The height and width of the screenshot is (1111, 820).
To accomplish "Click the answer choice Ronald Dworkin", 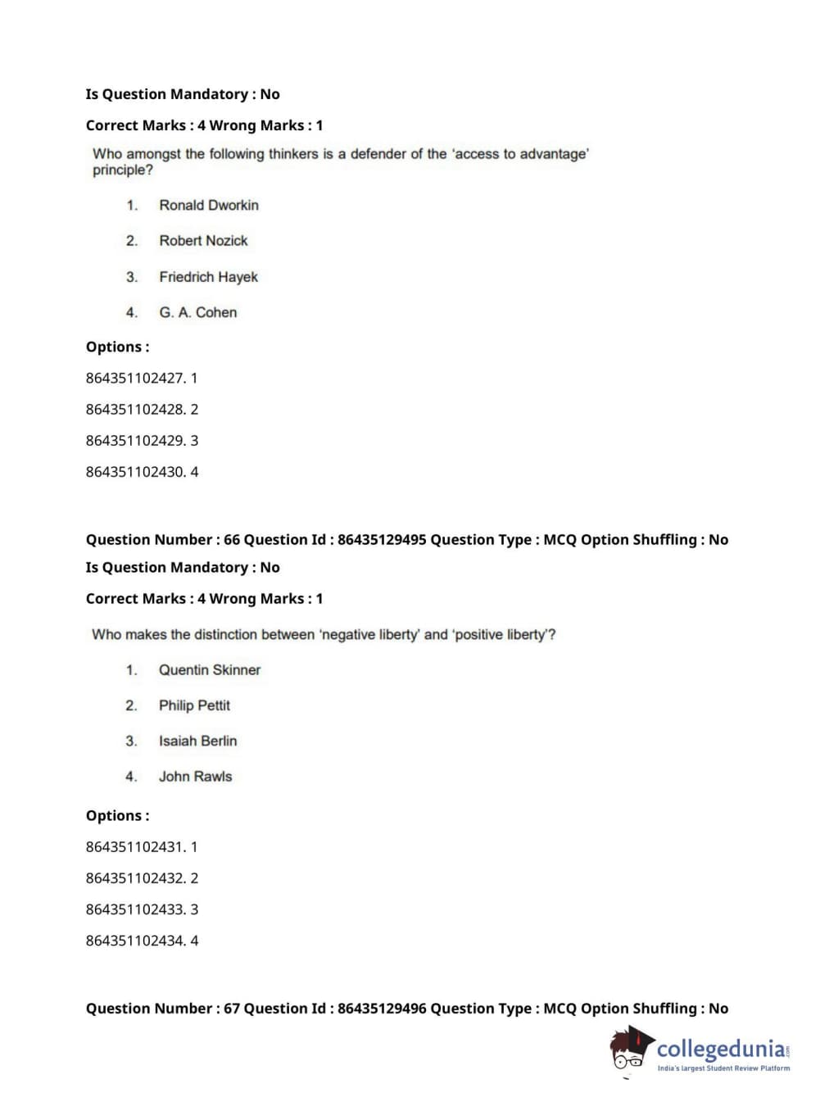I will click(x=208, y=205).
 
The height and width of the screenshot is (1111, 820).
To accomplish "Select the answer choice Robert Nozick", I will click(x=203, y=241).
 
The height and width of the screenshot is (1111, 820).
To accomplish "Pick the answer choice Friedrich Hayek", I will click(x=208, y=277).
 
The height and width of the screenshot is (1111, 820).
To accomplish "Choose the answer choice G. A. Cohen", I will click(x=197, y=312).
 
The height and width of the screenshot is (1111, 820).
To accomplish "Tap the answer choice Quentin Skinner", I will click(x=209, y=670).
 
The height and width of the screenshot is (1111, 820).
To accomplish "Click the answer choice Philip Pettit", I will click(x=194, y=705).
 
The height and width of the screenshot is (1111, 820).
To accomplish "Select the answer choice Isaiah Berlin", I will click(x=197, y=741).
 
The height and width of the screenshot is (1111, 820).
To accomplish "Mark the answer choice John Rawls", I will click(x=195, y=777).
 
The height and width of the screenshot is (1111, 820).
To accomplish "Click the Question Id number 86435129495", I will click(x=382, y=540).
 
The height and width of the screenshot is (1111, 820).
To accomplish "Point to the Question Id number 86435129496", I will click(x=382, y=1009).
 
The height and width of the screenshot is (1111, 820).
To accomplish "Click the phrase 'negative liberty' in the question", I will click(x=369, y=635).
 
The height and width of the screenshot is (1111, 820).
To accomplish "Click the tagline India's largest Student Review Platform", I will click(x=723, y=1068).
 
